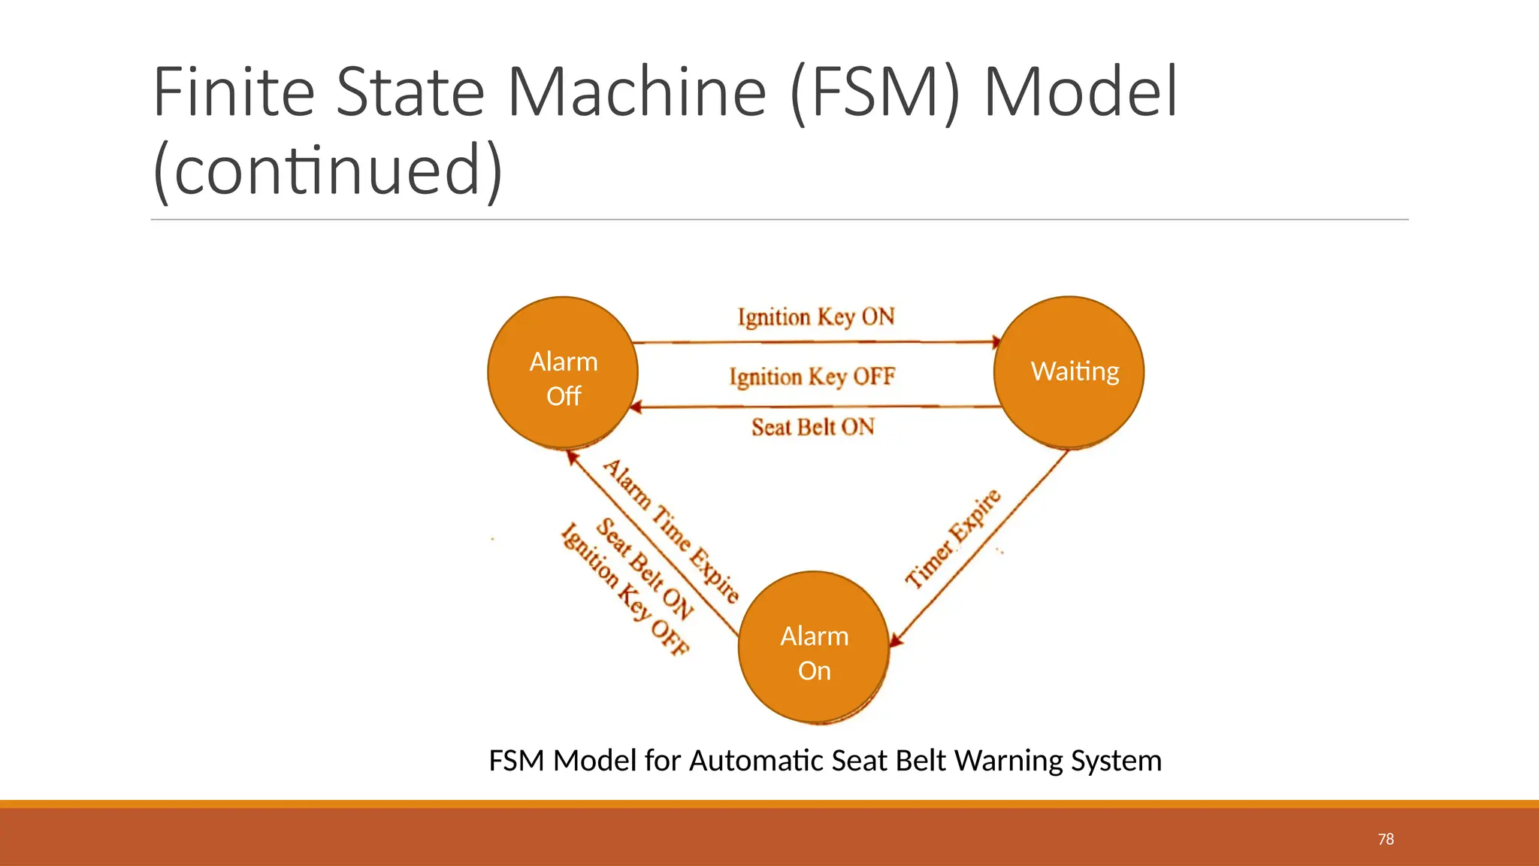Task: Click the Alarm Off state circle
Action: click(x=563, y=372)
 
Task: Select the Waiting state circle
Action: click(x=1069, y=372)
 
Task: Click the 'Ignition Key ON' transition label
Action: click(x=816, y=316)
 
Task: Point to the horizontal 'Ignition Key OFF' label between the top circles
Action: click(x=812, y=376)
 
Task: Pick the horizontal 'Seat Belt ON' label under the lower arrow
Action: click(x=813, y=427)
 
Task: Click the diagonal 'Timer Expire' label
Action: click(x=953, y=538)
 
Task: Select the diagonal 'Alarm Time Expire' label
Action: click(x=672, y=531)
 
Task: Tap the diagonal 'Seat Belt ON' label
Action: click(x=644, y=568)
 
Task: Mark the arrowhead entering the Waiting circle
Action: click(x=996, y=343)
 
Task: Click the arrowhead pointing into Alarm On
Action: click(x=896, y=640)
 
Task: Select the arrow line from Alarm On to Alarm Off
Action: click(x=654, y=543)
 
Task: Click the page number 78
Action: click(x=1386, y=839)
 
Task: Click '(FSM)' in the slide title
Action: click(x=875, y=93)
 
